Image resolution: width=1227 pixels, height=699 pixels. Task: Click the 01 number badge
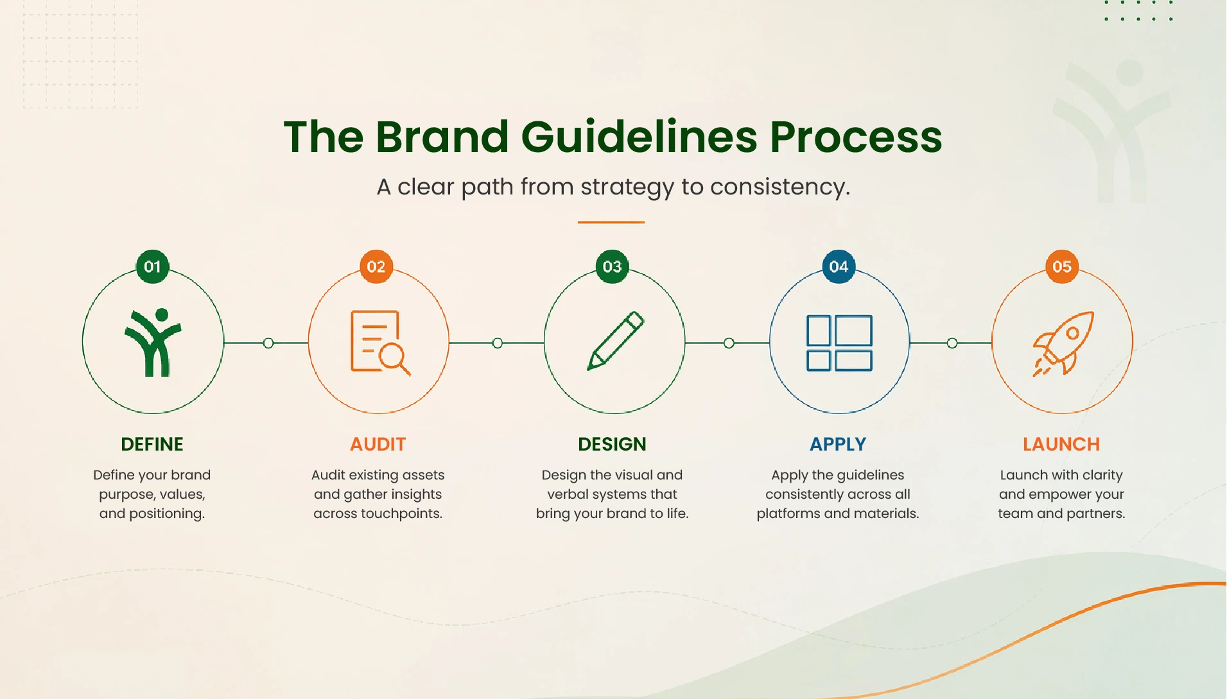point(152,266)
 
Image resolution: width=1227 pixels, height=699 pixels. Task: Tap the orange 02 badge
point(376,266)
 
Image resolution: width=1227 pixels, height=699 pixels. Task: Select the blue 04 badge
point(839,266)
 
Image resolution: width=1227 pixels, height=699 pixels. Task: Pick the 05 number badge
point(1062,266)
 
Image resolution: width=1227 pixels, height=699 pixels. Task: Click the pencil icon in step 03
point(615,341)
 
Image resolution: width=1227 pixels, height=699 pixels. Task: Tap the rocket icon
point(1063,343)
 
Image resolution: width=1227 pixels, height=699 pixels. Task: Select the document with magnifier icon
point(379,342)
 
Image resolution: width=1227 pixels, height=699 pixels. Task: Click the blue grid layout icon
point(839,343)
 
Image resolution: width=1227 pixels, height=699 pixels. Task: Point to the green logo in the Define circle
point(153,342)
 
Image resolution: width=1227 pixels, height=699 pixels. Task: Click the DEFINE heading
point(152,444)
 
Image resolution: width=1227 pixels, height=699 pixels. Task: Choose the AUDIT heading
point(378,444)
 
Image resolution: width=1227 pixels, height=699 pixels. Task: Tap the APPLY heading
point(838,444)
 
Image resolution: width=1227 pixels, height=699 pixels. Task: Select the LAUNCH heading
point(1061,444)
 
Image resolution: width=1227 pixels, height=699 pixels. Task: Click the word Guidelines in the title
point(639,137)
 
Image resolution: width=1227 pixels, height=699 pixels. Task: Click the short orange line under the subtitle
point(611,222)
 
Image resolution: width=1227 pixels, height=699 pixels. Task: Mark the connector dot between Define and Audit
point(268,343)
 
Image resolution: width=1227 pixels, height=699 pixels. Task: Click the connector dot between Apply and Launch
point(952,343)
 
